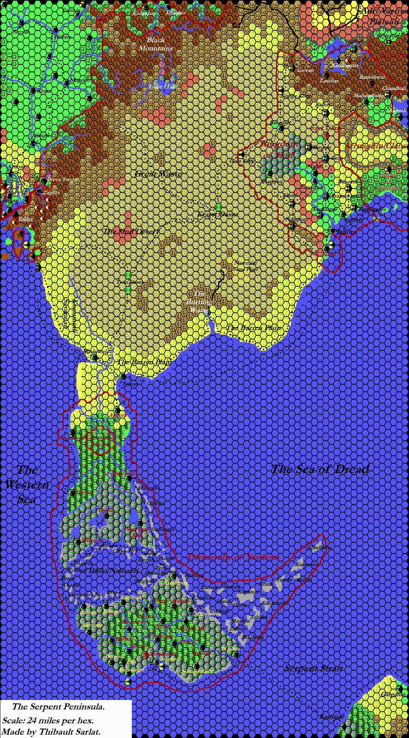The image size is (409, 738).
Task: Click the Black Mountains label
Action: pyautogui.click(x=156, y=44)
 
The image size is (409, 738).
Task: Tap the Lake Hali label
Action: pyautogui.click(x=163, y=87)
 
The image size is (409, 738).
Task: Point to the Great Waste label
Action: pyautogui.click(x=158, y=174)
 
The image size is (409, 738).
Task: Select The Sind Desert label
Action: pyautogui.click(x=131, y=231)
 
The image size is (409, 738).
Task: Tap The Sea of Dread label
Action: pyautogui.click(x=320, y=469)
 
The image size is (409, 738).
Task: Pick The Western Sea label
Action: pyautogui.click(x=27, y=485)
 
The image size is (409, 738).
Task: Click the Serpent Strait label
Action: pyautogui.click(x=313, y=668)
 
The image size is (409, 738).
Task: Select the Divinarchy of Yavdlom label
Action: pyautogui.click(x=233, y=557)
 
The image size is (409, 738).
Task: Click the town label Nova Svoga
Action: pyautogui.click(x=62, y=180)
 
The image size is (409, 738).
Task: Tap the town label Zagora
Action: pyautogui.click(x=51, y=193)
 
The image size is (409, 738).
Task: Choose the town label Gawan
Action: pyautogui.click(x=305, y=70)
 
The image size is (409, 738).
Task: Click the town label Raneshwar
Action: pyautogui.click(x=372, y=77)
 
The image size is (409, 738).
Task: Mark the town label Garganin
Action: pyautogui.click(x=393, y=694)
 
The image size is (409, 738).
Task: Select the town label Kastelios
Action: pyautogui.click(x=331, y=717)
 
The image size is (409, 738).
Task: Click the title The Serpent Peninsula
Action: pyautogui.click(x=58, y=707)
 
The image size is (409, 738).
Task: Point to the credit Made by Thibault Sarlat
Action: pyautogui.click(x=51, y=732)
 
